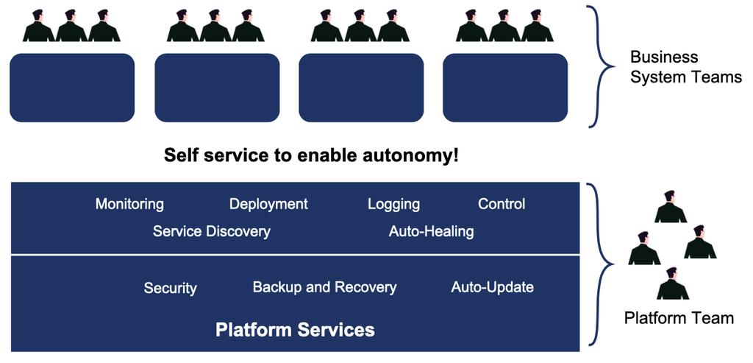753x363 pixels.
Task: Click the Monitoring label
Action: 129,205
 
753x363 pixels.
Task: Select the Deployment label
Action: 268,205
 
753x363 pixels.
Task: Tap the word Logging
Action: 394,205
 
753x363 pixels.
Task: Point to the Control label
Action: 502,204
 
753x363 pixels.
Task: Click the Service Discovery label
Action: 211,232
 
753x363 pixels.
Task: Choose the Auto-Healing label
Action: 431,232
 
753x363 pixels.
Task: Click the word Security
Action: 171,289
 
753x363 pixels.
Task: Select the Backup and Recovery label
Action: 324,287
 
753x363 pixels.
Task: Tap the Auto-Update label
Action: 492,287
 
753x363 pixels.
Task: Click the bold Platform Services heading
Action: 295,330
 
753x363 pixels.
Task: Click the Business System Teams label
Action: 686,67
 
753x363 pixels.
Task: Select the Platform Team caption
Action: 679,318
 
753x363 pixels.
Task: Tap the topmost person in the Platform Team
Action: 671,207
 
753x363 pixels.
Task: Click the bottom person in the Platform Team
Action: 672,283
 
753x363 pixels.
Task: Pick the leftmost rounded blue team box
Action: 72,88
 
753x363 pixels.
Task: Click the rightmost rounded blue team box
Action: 505,88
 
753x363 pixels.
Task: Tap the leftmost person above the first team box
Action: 38,26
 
